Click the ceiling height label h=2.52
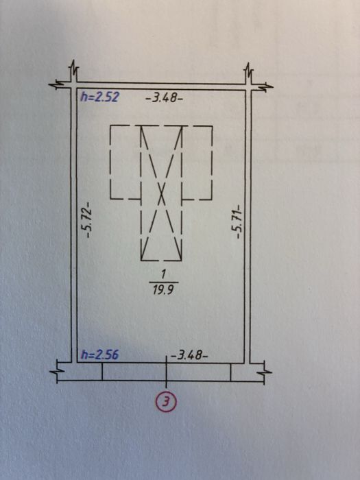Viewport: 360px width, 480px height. coord(99,97)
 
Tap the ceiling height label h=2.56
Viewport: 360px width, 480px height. coord(99,355)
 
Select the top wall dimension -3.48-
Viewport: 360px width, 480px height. coord(165,98)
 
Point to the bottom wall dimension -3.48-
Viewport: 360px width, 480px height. coord(189,355)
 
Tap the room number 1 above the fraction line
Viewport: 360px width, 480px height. coord(163,274)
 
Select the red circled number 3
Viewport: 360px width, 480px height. coord(166,402)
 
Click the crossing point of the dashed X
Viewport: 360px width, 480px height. coord(162,194)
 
